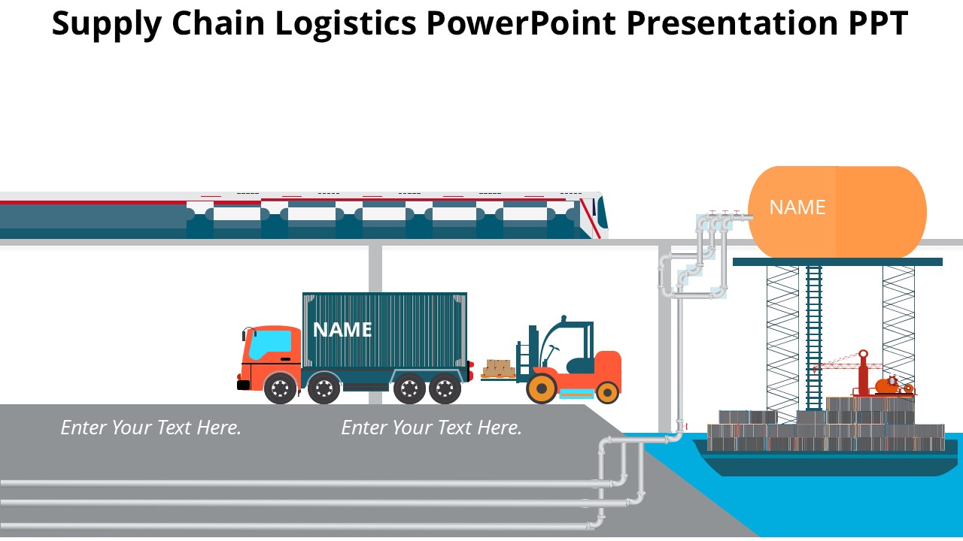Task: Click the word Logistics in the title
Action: point(345,24)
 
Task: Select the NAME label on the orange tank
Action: point(797,207)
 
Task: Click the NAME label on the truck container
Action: point(342,330)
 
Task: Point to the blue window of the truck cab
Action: point(269,344)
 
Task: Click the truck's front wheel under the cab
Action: point(280,388)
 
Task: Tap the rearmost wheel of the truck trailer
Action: point(445,388)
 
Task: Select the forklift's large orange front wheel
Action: point(541,388)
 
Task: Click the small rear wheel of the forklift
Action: point(607,391)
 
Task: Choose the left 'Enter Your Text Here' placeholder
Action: point(151,428)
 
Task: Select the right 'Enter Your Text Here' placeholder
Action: point(432,428)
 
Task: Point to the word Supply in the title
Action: point(106,24)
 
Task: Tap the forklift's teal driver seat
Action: point(580,365)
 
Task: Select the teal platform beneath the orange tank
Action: point(837,261)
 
